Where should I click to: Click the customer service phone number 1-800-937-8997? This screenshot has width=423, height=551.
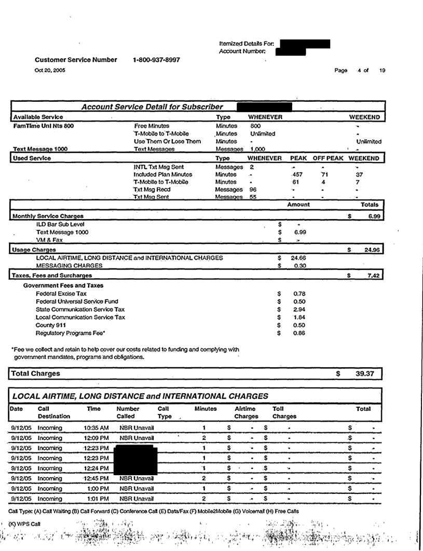click(157, 60)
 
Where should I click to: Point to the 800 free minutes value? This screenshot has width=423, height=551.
click(255, 126)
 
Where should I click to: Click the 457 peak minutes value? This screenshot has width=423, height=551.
click(297, 175)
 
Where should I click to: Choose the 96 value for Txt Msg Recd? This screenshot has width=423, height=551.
click(253, 190)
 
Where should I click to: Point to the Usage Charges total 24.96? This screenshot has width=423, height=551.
click(372, 250)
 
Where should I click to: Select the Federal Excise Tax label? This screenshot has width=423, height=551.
click(61, 294)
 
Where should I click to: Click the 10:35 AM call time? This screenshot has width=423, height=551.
click(96, 428)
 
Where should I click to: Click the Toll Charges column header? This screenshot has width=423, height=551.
click(284, 413)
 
